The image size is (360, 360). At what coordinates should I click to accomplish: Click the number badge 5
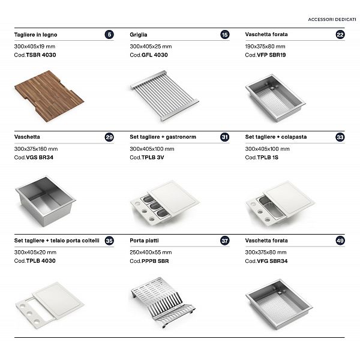pyautogui.click(x=109, y=34)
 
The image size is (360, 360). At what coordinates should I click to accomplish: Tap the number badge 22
pyautogui.click(x=340, y=34)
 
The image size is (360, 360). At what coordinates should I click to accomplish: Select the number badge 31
pyautogui.click(x=224, y=137)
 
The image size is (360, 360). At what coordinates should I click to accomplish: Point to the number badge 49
pyautogui.click(x=340, y=241)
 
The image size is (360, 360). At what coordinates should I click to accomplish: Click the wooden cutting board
pyautogui.click(x=49, y=96)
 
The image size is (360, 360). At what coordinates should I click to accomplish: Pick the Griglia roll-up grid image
pyautogui.click(x=164, y=95)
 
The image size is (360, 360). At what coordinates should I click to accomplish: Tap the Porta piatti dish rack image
pyautogui.click(x=163, y=302)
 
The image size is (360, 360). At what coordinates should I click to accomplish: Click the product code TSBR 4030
pyautogui.click(x=41, y=55)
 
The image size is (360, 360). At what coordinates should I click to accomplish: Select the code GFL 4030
pyautogui.click(x=155, y=55)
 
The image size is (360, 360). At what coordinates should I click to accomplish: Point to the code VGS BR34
pyautogui.click(x=40, y=157)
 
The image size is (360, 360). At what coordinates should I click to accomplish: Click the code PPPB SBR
pyautogui.click(x=155, y=261)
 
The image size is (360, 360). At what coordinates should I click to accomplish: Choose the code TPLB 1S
pyautogui.click(x=268, y=157)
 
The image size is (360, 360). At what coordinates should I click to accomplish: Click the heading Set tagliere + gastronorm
pyautogui.click(x=163, y=137)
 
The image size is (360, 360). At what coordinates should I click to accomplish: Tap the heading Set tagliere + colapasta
pyautogui.click(x=276, y=137)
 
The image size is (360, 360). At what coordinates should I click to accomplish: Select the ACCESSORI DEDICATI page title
pyautogui.click(x=332, y=20)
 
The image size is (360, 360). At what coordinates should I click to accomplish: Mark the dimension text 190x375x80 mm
pyautogui.click(x=265, y=46)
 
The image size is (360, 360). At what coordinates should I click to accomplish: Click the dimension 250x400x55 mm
pyautogui.click(x=151, y=253)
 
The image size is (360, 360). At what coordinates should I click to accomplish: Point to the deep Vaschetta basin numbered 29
pyautogui.click(x=46, y=201)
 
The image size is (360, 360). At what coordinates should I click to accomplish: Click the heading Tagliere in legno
pyautogui.click(x=35, y=35)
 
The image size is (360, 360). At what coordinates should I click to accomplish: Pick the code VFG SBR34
pyautogui.click(x=272, y=261)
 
